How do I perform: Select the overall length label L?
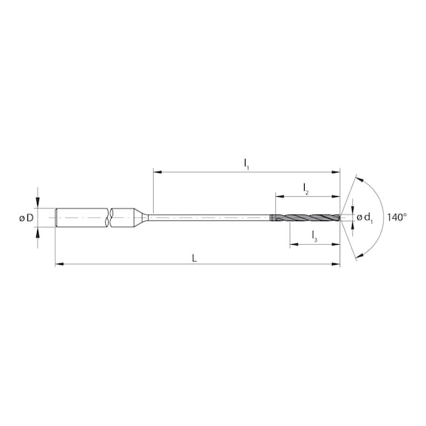pyautogui.click(x=195, y=257)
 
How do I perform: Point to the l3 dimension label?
pyautogui.click(x=314, y=237)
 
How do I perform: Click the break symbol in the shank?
pyautogui.click(x=109, y=217)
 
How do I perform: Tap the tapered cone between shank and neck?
pyautogui.click(x=141, y=217)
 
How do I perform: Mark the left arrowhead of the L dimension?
pyautogui.click(x=59, y=263)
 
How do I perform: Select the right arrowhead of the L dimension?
pyautogui.click(x=337, y=263)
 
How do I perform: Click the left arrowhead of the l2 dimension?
pyautogui.click(x=279, y=197)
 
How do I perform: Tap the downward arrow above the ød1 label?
pyautogui.click(x=352, y=207)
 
